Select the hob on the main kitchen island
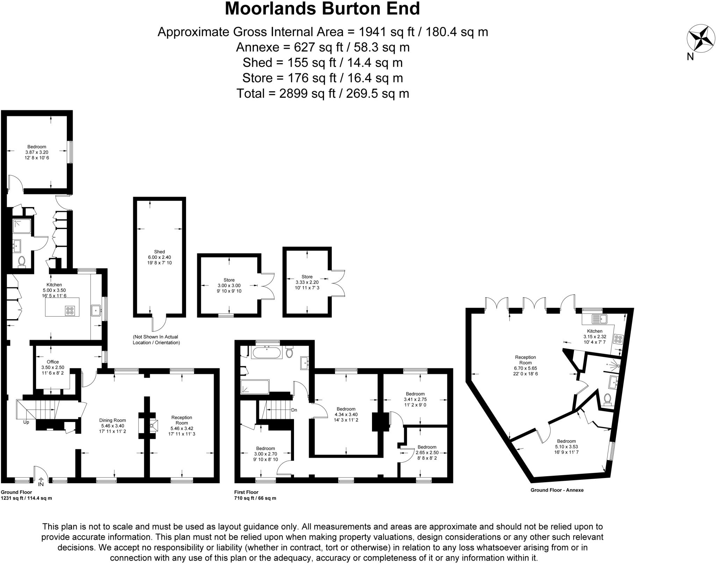pos(70,310)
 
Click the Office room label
pos(53,362)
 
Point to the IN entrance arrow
pos(41,481)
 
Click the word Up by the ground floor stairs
pos(26,422)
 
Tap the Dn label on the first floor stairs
pos(294,410)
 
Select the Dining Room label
pos(113,421)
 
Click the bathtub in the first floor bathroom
pos(266,353)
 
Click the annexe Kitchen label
pos(595,331)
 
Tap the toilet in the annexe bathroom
pos(608,398)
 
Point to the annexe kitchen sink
pos(600,319)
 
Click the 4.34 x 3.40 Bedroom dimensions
pos(346,414)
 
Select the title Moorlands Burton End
pos(322,9)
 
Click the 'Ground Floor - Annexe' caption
pos(557,490)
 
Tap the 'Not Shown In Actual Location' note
pos(156,340)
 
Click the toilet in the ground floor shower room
pos(22,261)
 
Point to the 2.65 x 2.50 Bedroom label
pos(427,450)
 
